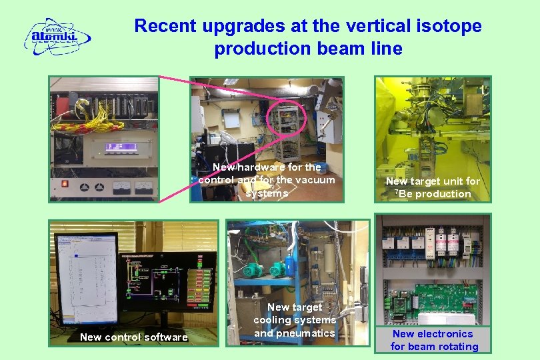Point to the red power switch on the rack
(x=65, y=183)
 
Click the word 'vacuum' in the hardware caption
(x=313, y=180)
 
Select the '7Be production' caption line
(x=433, y=194)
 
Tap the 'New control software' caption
(x=133, y=337)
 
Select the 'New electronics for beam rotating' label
(x=433, y=340)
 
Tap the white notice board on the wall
(x=231, y=119)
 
